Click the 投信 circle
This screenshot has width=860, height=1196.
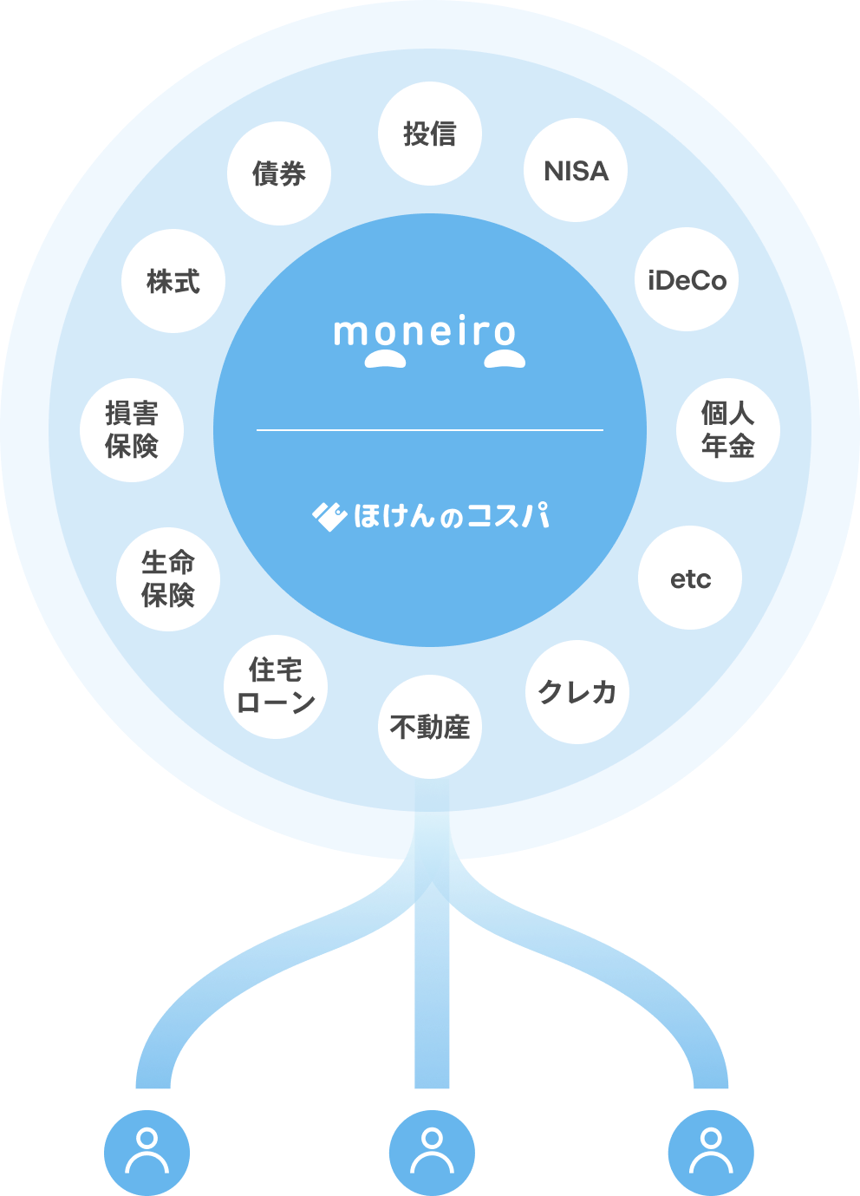[430, 134]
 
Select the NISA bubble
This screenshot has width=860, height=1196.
[576, 170]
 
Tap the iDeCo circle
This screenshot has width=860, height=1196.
[687, 279]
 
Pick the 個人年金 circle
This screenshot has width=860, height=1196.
[728, 430]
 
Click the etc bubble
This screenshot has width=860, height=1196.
[690, 578]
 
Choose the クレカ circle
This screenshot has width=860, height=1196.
[577, 692]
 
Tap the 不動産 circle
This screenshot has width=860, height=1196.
[430, 727]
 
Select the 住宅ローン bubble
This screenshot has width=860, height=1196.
[276, 687]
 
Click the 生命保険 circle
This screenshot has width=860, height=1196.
[168, 579]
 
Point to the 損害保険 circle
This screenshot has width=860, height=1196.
[132, 430]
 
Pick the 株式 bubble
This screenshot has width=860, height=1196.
[173, 281]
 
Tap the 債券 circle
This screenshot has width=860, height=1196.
[279, 173]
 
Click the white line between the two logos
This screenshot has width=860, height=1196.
[430, 430]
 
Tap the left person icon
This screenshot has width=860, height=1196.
[147, 1152]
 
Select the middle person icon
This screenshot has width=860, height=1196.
[432, 1152]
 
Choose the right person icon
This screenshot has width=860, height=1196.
[711, 1152]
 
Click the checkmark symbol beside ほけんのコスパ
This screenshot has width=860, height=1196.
[329, 517]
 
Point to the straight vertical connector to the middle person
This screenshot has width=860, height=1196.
[432, 997]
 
